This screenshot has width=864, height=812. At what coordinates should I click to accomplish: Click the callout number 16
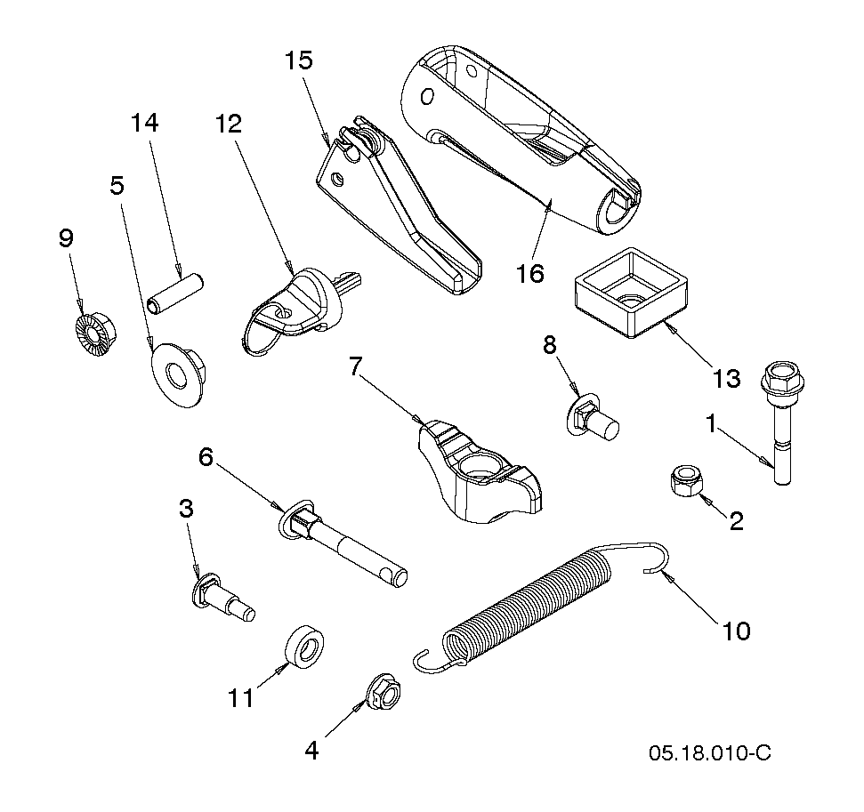coord(529,273)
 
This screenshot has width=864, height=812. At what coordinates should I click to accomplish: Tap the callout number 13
coord(726,379)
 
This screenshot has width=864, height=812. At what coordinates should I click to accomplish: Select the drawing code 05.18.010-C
coord(710,752)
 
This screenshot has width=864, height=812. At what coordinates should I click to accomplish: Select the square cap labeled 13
coord(632,293)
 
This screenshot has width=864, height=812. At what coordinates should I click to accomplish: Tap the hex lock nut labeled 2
coord(685,479)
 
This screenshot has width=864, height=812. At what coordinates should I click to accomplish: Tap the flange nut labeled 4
coord(383,692)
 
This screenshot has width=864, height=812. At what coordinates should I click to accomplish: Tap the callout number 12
coord(228,124)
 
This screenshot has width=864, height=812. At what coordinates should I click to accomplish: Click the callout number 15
coord(299,60)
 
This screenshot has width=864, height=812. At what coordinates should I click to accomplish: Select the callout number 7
coord(357,366)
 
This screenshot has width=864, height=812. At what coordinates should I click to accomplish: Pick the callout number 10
coord(736,631)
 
